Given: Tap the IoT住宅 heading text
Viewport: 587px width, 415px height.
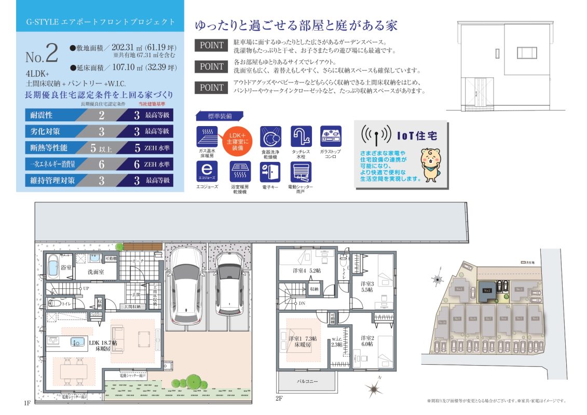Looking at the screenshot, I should (417, 136).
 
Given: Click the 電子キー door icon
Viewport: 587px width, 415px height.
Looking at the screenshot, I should (270, 172).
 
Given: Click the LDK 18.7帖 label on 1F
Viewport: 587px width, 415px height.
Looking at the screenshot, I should (103, 345).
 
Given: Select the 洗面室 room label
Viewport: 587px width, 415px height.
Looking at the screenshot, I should (94, 272).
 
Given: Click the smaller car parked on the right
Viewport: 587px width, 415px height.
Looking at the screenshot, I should (229, 283).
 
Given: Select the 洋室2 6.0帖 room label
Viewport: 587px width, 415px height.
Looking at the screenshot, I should (367, 341).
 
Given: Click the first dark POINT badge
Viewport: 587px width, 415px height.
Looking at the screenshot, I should (212, 45).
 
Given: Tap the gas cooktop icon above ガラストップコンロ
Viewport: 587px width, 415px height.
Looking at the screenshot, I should (331, 136).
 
